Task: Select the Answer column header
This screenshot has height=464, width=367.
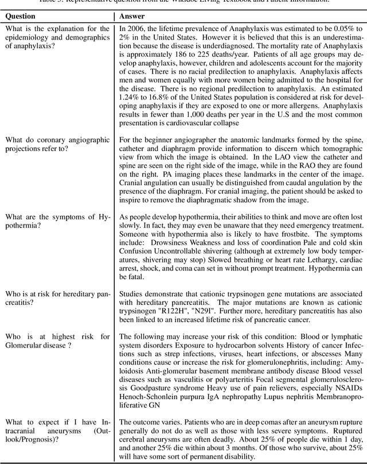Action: (132, 16)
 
